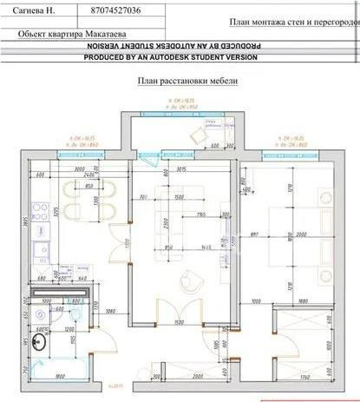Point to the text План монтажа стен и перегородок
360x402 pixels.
pos(295,21)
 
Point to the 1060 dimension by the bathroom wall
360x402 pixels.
pos(110,311)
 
